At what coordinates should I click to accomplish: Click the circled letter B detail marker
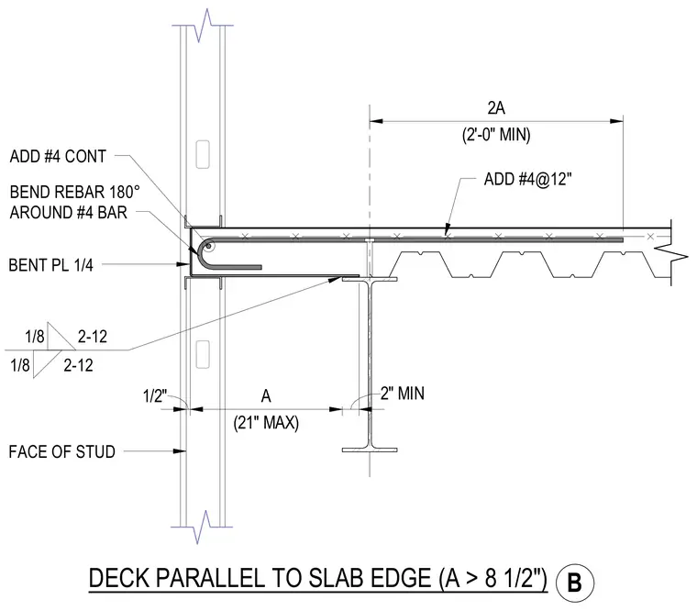(x=575, y=583)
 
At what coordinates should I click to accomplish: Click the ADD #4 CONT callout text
(x=58, y=157)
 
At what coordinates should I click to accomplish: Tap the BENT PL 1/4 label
(x=51, y=265)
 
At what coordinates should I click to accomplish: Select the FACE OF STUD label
(x=61, y=451)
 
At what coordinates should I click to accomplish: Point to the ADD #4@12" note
(x=527, y=179)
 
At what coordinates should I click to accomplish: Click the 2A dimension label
(x=496, y=108)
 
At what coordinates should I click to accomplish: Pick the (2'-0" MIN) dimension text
(x=496, y=134)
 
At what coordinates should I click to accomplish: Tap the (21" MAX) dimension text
(x=266, y=422)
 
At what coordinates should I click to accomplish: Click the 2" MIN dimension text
(x=403, y=394)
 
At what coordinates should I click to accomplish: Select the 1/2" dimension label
(x=155, y=395)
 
